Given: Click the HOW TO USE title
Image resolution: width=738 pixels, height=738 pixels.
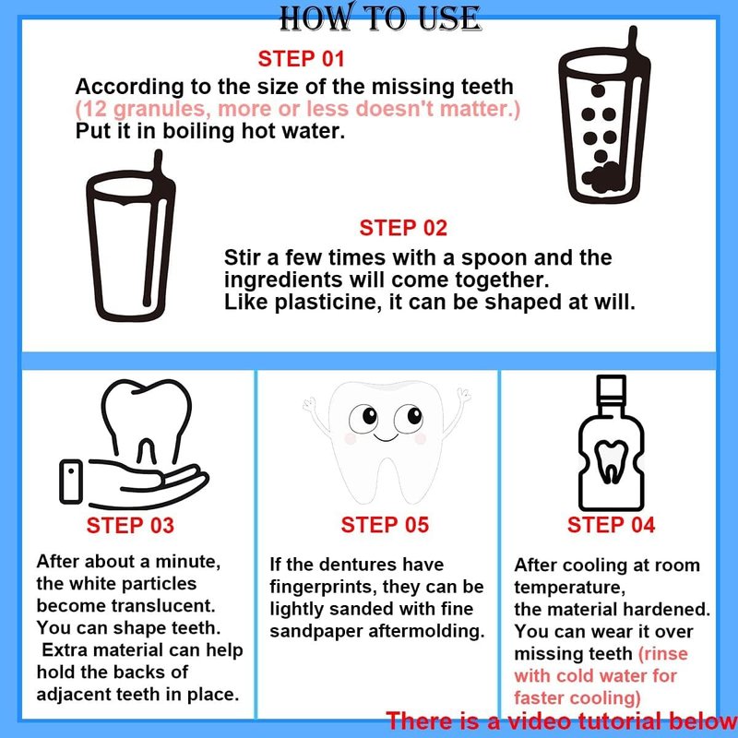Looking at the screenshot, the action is click(x=380, y=18).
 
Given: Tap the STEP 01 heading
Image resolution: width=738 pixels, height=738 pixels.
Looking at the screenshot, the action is click(x=302, y=59).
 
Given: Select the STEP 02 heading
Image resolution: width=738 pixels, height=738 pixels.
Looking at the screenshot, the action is click(x=403, y=228).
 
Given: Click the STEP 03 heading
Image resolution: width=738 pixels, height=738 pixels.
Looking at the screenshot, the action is click(x=130, y=525).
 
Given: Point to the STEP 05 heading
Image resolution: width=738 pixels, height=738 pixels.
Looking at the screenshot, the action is click(x=385, y=525).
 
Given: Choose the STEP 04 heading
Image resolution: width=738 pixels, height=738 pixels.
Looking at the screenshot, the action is click(x=611, y=525).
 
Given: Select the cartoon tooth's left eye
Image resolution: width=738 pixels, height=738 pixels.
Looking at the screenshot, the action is click(x=363, y=418).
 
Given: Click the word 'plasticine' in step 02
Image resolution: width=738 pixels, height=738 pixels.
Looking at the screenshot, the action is click(x=327, y=303).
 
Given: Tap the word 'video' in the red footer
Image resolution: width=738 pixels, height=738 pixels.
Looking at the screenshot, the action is click(x=539, y=721).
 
